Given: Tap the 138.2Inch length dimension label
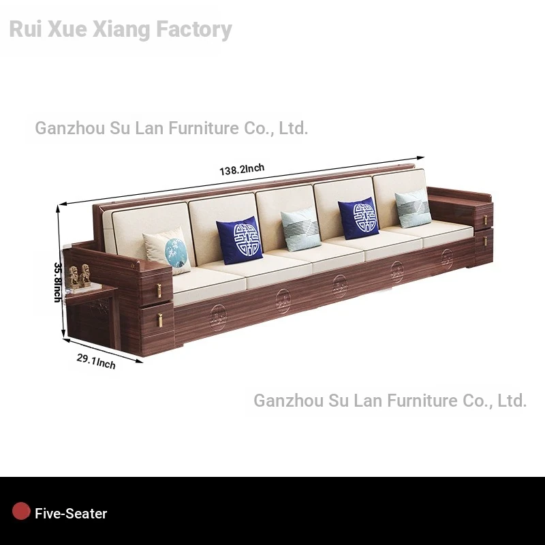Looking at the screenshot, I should point(242,170).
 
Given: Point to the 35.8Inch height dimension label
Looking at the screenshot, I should point(59,282).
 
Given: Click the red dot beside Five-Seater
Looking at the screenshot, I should point(21,512).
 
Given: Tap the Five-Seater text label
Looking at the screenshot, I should point(71,514).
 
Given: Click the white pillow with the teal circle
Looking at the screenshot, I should point(167,250).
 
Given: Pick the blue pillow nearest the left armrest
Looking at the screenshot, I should point(239,240).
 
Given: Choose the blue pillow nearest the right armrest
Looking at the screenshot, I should point(358,219).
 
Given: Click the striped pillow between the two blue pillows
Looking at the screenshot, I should point(300,229).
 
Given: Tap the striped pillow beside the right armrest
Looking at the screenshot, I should point(414,208).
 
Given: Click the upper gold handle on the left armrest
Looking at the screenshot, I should point(159,290).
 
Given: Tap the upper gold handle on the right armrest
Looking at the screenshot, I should point(484,219).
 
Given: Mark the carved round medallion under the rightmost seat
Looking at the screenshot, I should point(447,258).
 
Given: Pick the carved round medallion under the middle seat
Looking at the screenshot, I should point(339,285).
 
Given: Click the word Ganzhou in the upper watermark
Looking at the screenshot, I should point(69,128).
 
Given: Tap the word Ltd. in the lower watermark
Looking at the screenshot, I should point(512,401).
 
